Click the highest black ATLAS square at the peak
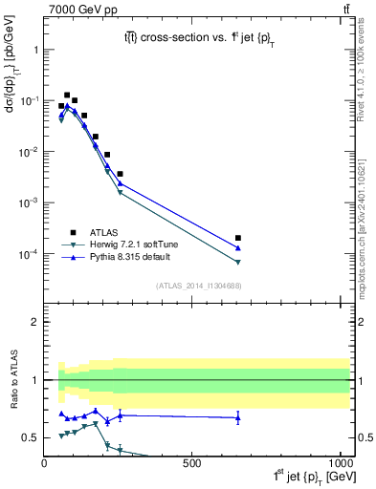[67, 96]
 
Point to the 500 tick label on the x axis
[192, 463]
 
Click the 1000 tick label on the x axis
[338, 463]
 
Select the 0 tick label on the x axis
[45, 463]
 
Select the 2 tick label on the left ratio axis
[34, 322]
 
